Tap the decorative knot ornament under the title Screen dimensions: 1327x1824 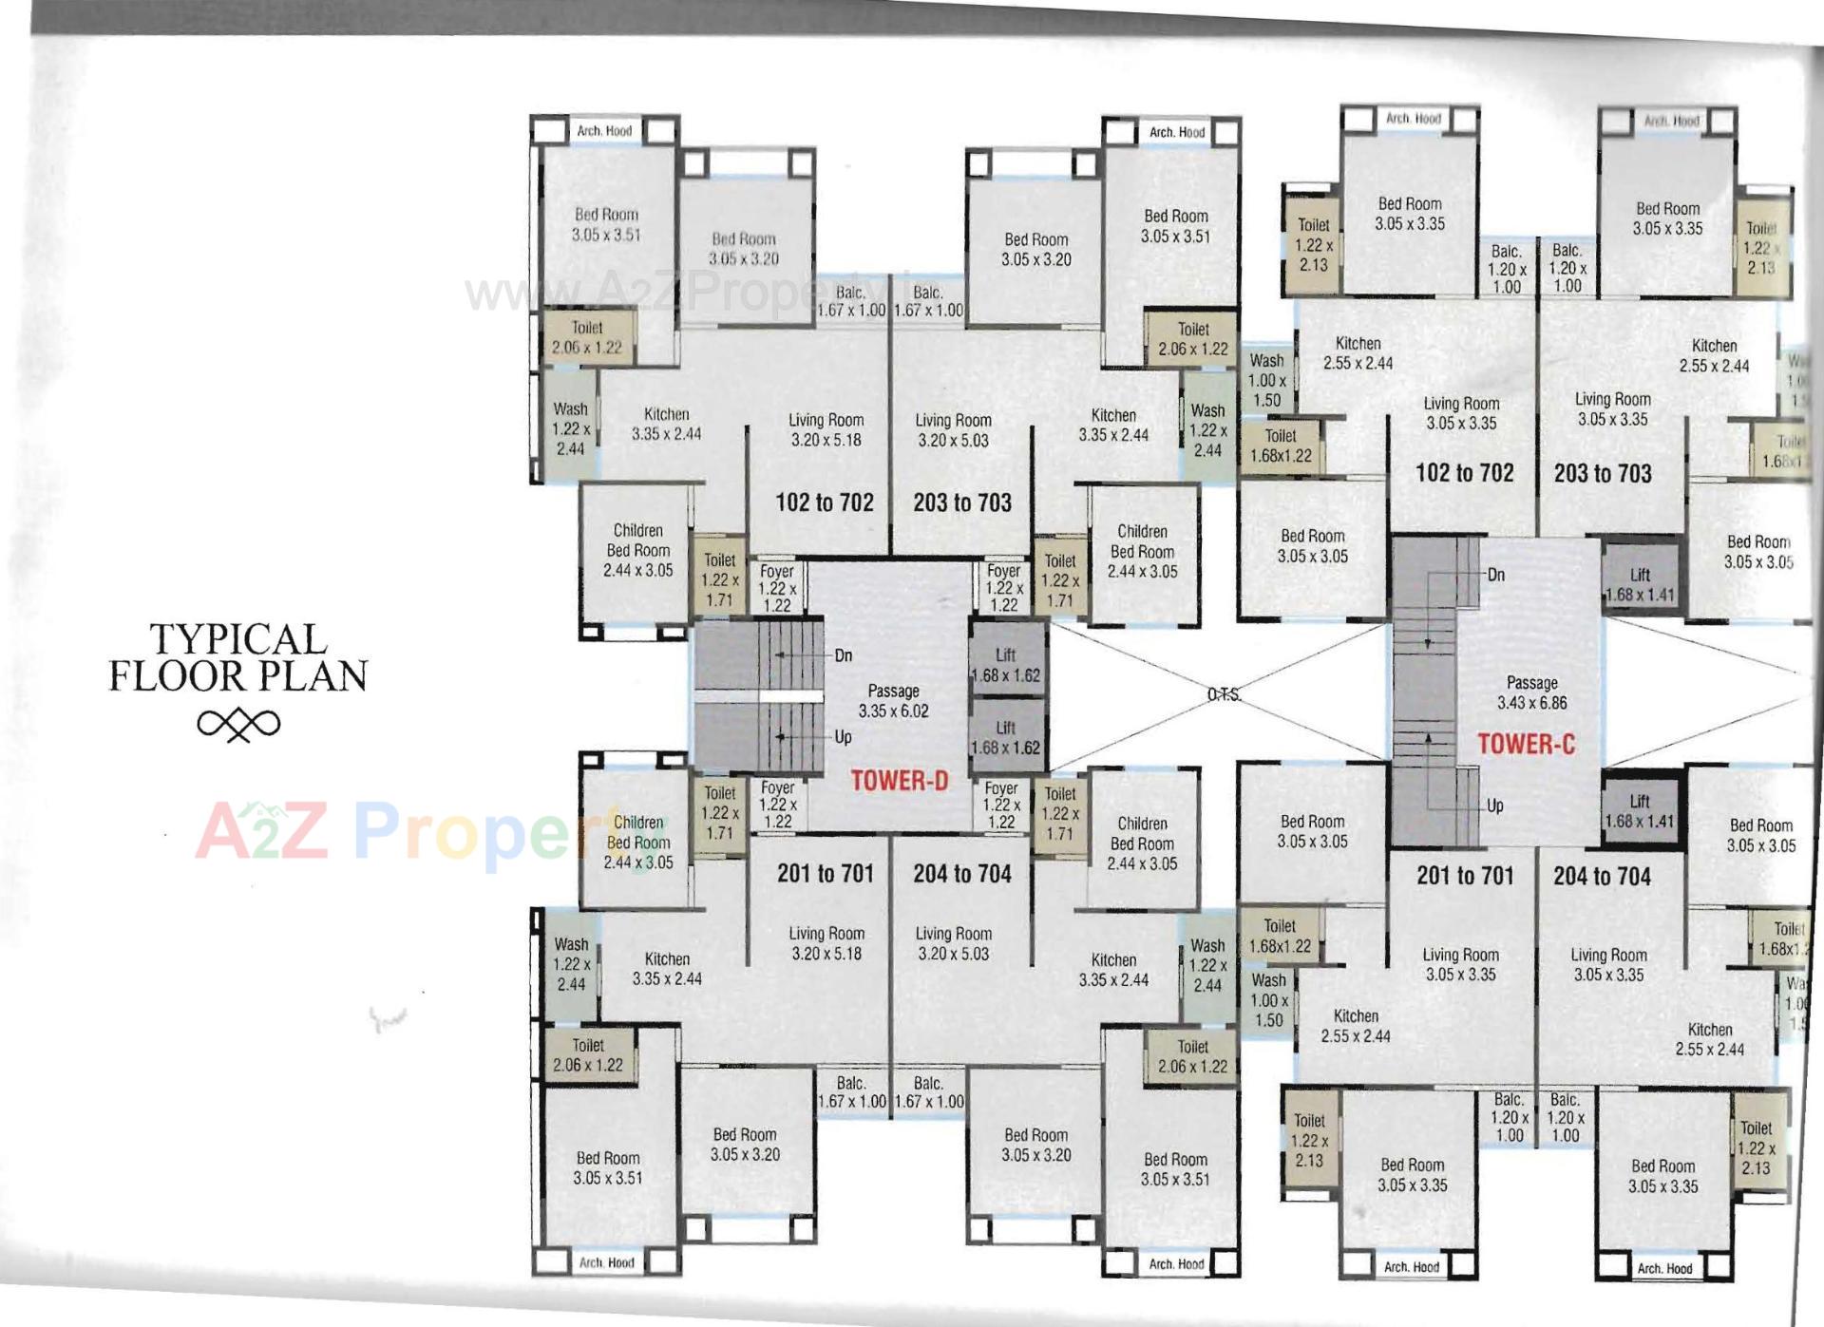coord(238,725)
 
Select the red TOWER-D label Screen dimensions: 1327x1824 coord(899,781)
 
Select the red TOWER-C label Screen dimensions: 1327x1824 coord(1526,744)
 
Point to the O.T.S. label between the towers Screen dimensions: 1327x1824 coord(1224,695)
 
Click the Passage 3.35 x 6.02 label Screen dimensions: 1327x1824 coord(893,701)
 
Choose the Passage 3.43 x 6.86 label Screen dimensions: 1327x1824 coord(1531,692)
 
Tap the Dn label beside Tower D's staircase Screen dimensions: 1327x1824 coord(843,655)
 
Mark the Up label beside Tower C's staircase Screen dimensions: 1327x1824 coord(1494,806)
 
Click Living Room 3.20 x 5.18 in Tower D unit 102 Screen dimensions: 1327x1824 coord(826,429)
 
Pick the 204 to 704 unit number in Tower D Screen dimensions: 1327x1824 coord(961,874)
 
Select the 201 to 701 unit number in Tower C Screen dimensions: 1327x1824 coord(1465,876)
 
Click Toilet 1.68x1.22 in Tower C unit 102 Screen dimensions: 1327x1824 coord(1280,445)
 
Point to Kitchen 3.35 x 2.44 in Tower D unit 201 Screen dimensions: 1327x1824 coord(667,969)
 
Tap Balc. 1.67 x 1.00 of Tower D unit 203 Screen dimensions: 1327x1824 coord(928,301)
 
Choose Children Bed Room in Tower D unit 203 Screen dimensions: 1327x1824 coord(1142,551)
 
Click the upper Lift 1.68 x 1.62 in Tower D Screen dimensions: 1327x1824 coord(1005,665)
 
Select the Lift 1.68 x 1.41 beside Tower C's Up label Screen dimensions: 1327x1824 coord(1639,811)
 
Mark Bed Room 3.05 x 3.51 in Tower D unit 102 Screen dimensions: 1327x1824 coord(606,224)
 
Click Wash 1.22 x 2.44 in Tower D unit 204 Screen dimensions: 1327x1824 coord(1206,965)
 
